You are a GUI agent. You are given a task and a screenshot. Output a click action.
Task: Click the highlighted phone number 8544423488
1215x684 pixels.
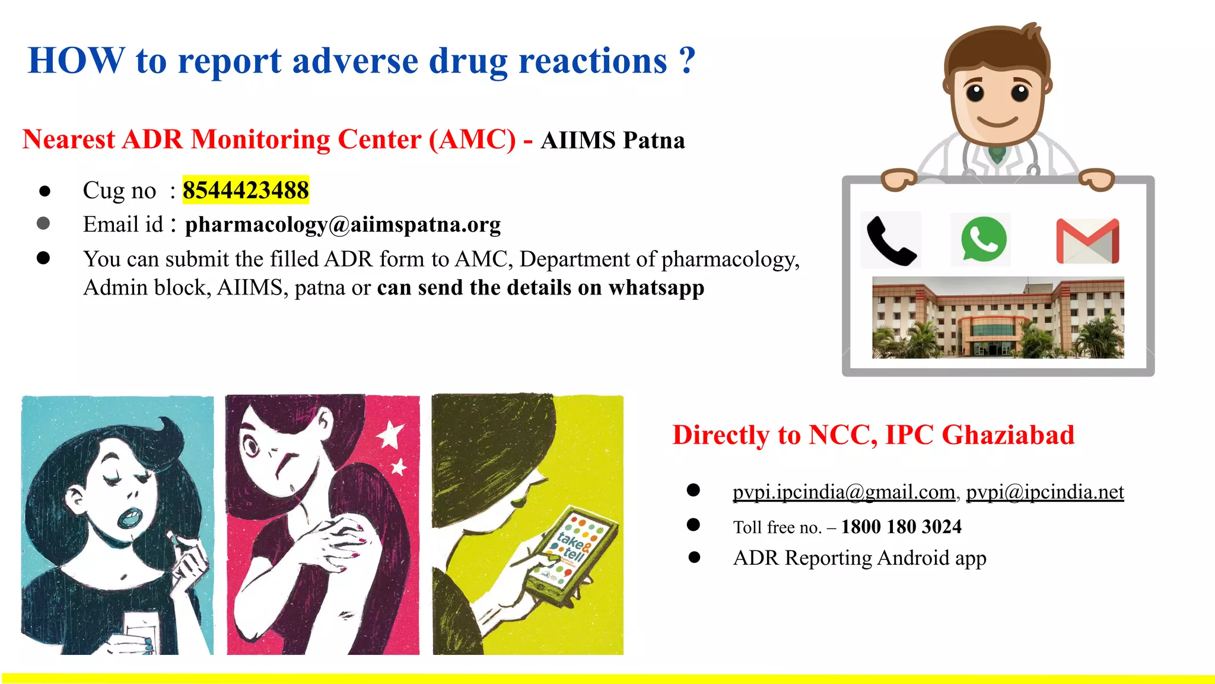(x=246, y=191)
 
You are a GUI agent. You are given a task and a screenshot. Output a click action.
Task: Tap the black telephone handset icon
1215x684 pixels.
(x=890, y=240)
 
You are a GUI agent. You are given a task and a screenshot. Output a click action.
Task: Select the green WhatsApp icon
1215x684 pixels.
(x=983, y=239)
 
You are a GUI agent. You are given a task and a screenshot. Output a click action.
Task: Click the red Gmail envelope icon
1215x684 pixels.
(x=1087, y=241)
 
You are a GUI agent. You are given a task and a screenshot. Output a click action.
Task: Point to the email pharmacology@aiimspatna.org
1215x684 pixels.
(x=343, y=224)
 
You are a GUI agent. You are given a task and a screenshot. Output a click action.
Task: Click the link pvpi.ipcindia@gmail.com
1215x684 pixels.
(x=844, y=492)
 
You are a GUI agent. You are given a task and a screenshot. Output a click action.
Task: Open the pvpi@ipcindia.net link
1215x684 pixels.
(x=1045, y=492)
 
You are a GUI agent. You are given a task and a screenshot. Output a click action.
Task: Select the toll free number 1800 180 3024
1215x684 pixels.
(x=901, y=527)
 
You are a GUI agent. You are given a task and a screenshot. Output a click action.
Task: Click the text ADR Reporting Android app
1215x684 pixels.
(x=860, y=558)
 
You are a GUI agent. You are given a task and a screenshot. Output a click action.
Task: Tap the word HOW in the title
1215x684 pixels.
(x=77, y=61)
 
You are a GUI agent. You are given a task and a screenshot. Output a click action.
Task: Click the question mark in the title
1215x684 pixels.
(x=687, y=61)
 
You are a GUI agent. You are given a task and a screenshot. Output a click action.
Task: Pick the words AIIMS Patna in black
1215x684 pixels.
(x=612, y=141)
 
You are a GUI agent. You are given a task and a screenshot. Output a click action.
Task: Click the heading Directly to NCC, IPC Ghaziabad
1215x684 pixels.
(x=873, y=435)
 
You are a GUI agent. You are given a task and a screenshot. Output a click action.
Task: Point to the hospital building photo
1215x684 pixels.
(x=998, y=318)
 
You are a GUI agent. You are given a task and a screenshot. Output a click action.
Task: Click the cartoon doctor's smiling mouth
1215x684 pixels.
(x=997, y=122)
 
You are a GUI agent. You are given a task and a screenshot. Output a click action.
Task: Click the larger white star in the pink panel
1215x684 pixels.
(x=391, y=435)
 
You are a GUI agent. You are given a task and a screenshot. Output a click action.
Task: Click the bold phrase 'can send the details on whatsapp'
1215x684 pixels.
(x=540, y=288)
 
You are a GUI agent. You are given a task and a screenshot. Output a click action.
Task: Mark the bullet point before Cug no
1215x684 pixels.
(x=44, y=191)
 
